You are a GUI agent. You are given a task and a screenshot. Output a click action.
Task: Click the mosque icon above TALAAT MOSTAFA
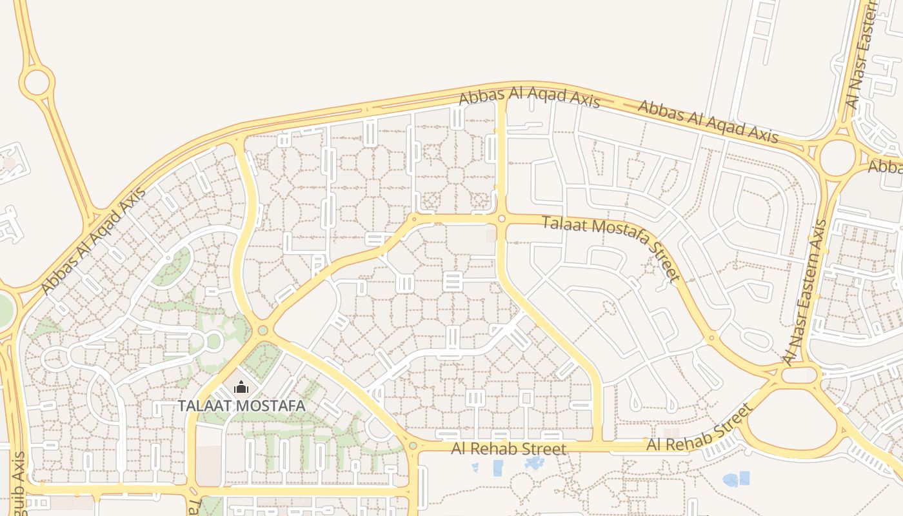tap(241, 388)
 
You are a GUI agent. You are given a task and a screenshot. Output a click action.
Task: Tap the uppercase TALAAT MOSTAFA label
tap(241, 406)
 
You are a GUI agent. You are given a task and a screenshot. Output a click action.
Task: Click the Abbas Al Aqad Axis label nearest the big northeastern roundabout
tap(708, 121)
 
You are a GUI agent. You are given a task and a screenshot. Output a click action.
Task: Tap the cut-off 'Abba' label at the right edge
tap(885, 166)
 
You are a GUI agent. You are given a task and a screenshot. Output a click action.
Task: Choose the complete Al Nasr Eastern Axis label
tap(803, 290)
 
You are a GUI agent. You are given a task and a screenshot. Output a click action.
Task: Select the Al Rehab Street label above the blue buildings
tap(509, 448)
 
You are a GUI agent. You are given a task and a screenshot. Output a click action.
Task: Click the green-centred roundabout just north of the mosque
tap(263, 331)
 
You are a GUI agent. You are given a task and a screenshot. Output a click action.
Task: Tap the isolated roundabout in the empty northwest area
tap(37, 83)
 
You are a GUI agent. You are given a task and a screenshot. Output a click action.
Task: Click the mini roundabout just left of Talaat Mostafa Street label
tap(502, 219)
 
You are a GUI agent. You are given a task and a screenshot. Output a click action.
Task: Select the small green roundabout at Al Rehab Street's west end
tap(413, 446)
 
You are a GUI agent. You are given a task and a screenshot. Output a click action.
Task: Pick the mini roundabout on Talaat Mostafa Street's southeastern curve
tap(711, 337)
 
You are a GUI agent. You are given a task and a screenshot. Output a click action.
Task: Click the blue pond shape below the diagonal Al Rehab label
tap(737, 479)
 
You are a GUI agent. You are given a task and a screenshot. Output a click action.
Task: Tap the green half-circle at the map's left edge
tap(5, 310)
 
